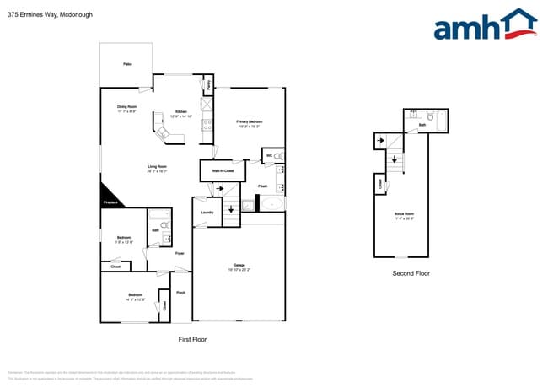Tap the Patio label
pos(126,64)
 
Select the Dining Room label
pos(126,106)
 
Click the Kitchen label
pos(181,112)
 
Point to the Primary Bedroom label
pos(249,122)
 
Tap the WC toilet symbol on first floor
pos(278,156)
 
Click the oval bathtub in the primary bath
pos(271,204)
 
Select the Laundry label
pos(207,212)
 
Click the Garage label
pos(239,266)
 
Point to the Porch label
pos(180,293)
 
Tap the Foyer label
pos(180,253)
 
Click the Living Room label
pos(157,167)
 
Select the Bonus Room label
pos(405,215)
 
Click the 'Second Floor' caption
pos(411,273)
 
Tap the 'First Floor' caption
pos(192,339)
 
